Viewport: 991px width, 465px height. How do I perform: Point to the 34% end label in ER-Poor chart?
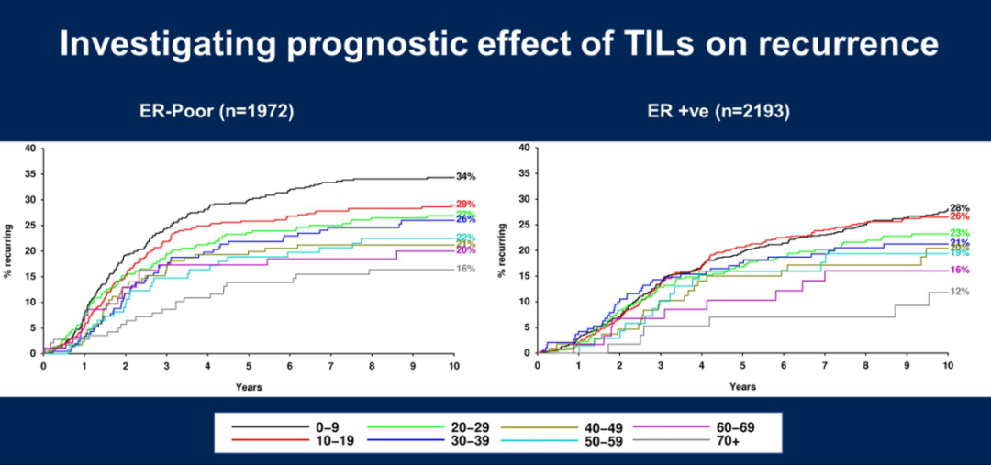tap(466, 176)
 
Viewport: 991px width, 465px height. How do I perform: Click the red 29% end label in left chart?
tap(466, 205)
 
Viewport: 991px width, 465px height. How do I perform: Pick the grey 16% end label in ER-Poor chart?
tap(466, 270)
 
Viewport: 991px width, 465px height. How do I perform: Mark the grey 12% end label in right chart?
tap(959, 292)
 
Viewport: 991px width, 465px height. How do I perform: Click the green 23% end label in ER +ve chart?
tap(959, 234)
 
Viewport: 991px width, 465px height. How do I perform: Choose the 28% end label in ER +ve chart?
tap(959, 208)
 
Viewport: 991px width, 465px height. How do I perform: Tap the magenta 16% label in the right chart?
tap(959, 271)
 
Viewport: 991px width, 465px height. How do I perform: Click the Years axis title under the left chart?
tap(248, 387)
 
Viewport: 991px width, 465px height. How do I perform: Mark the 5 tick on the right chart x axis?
tap(743, 365)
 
